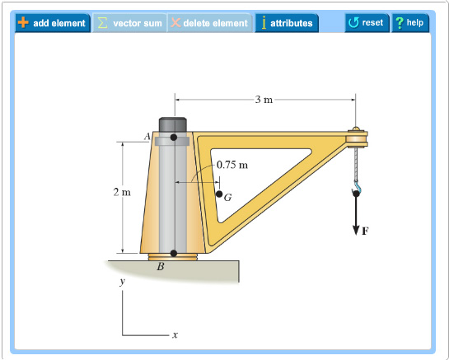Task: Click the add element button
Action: pyautogui.click(x=52, y=23)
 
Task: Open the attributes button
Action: pyautogui.click(x=286, y=23)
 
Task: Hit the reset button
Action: pyautogui.click(x=366, y=22)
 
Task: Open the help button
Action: pyautogui.click(x=409, y=22)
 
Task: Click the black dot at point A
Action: pyautogui.click(x=173, y=138)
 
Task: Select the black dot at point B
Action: pyautogui.click(x=173, y=253)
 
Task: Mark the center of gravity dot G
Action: pyautogui.click(x=219, y=194)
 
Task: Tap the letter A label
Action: pyautogui.click(x=147, y=137)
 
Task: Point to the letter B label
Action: pyautogui.click(x=161, y=267)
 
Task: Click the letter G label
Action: pyautogui.click(x=227, y=199)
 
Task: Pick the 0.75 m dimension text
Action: pyautogui.click(x=232, y=165)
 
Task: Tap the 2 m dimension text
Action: pyautogui.click(x=122, y=193)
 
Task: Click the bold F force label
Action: pyautogui.click(x=364, y=232)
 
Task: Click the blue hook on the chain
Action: pyautogui.click(x=357, y=192)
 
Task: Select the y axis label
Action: pyautogui.click(x=122, y=282)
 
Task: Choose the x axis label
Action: pyautogui.click(x=175, y=335)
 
